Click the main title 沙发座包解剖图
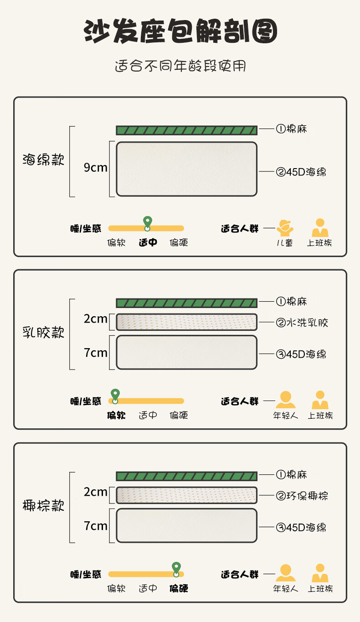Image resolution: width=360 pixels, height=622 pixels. pos(180,31)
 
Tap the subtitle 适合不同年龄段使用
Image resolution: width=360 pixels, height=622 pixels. pos(180,66)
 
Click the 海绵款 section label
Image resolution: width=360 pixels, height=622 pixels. pos(43,159)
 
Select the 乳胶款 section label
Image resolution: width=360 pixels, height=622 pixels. pos(43,332)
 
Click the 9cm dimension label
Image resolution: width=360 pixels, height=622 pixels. pos(96,167)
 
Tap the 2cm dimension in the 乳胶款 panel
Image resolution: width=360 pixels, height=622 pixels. pos(96,319)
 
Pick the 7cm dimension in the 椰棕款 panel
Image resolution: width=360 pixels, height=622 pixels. pos(96,526)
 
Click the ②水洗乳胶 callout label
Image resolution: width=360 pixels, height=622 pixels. pos(302,323)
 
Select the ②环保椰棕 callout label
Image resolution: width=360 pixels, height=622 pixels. pos(302,496)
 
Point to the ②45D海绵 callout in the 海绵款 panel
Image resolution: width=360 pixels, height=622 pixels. pos(301,172)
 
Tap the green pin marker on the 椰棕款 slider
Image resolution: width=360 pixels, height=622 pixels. pos(176,569)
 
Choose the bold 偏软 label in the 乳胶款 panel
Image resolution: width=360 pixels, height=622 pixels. pos(116,416)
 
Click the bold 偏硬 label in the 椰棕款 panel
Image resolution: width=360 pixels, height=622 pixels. pos(179,588)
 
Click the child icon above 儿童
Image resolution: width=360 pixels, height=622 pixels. pos(285,228)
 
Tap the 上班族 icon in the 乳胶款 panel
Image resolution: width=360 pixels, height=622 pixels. pos(320,400)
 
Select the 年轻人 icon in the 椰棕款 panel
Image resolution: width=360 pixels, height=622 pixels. pos(286,573)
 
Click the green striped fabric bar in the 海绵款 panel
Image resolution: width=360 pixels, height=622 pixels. pos(187,130)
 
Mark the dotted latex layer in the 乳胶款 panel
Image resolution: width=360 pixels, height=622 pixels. pos(187,322)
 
